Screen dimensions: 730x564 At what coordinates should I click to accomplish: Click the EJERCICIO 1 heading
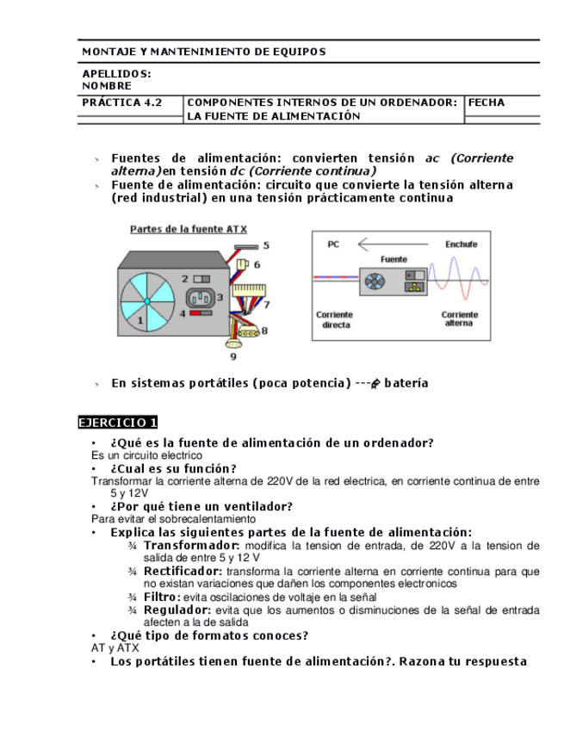[118, 423]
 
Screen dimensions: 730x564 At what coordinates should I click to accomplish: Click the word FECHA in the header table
[487, 102]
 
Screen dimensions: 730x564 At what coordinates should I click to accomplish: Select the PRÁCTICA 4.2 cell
[122, 102]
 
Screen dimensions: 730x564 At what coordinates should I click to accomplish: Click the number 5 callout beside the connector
[265, 245]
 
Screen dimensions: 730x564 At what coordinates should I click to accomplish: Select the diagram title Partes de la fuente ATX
[189, 230]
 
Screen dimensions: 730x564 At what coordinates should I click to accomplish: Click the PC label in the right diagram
[333, 244]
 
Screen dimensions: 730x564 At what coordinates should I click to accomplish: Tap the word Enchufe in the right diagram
[461, 244]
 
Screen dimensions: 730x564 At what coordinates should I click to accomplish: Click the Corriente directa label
[335, 319]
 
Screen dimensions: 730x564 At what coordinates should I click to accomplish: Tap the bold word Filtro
[162, 597]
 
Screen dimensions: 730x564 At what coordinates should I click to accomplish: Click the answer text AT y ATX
[115, 648]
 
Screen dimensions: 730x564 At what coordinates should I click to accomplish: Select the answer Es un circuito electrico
[146, 455]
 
